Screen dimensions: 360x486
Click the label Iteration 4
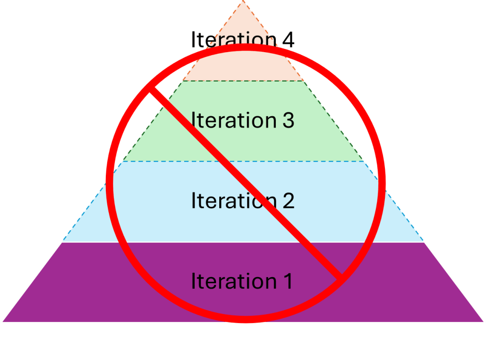pos(243,39)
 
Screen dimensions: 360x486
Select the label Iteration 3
pos(243,120)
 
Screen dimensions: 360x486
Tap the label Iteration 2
pos(243,201)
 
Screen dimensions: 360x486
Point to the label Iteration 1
pos(241,281)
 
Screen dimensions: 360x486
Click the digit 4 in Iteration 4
pos(287,39)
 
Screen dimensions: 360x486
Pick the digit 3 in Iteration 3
pos(286,120)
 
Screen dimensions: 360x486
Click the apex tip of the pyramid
pos(243,1)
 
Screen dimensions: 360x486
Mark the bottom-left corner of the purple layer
pos(2,322)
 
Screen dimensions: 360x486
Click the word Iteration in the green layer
pos(226,120)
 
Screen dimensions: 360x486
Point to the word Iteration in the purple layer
pos(226,281)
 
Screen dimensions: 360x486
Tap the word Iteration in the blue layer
pos(226,201)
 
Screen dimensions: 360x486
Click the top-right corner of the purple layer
pos(424,242)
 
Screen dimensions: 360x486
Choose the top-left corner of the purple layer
pos(62,242)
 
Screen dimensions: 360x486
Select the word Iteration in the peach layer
pos(226,39)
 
